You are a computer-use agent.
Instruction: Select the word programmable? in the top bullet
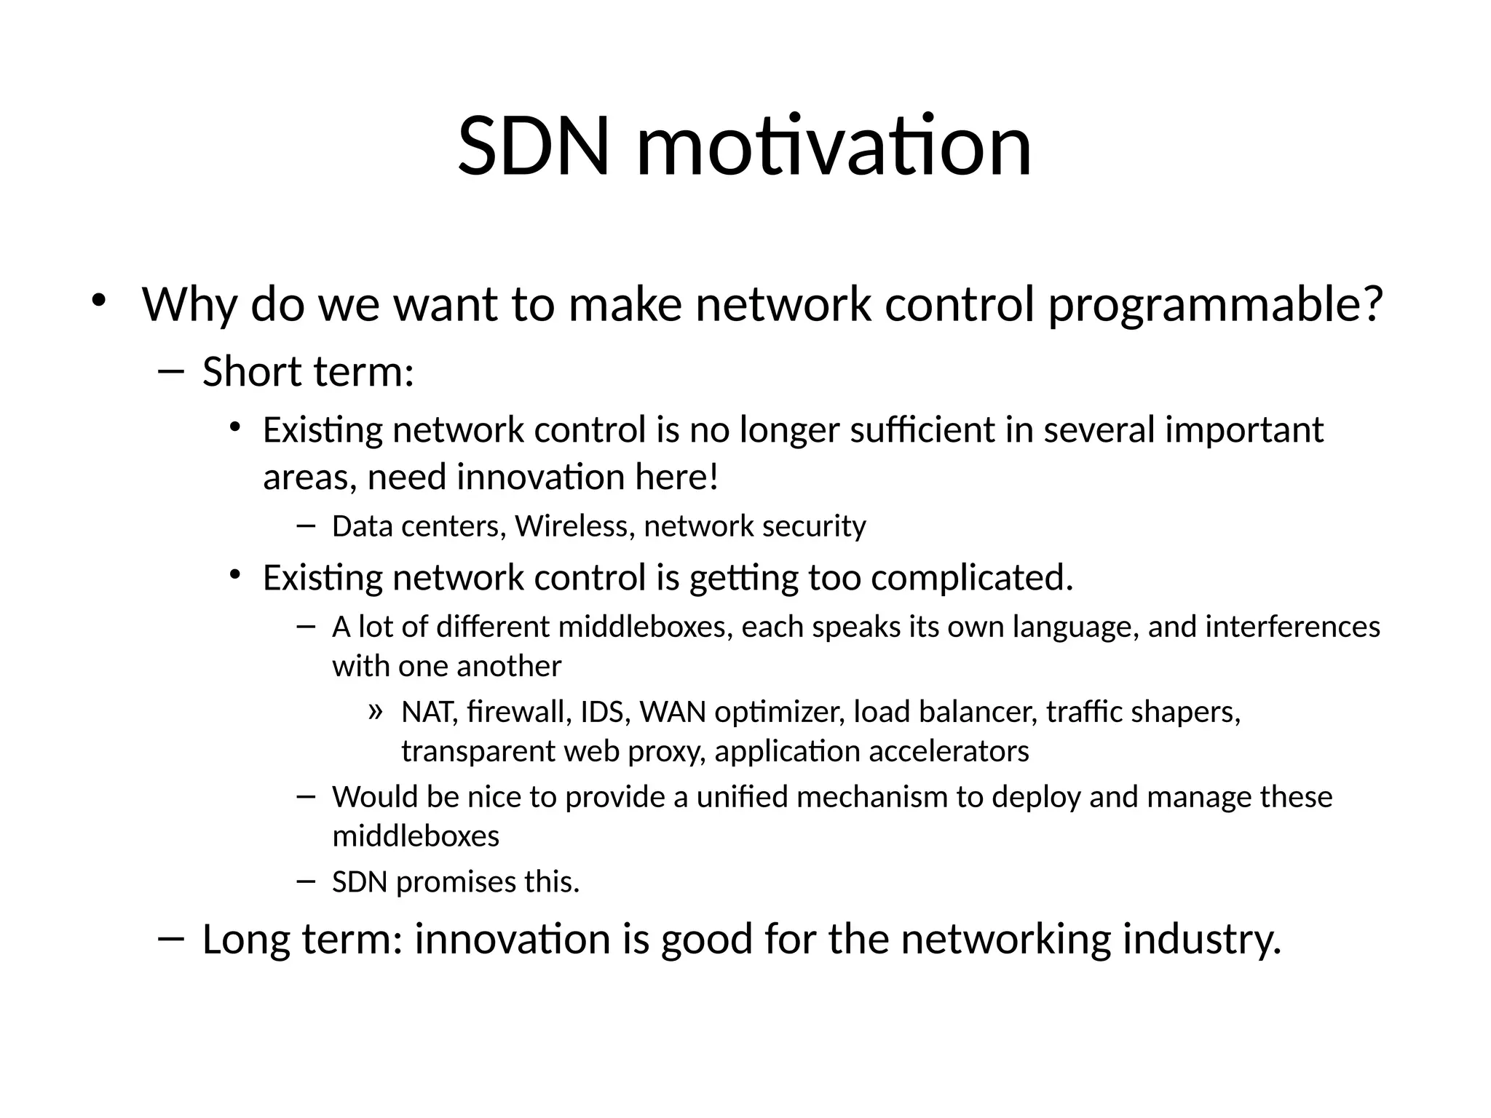1214,306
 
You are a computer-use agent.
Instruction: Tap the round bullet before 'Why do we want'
99,300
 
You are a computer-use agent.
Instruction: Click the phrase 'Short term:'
308,372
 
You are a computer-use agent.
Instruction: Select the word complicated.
972,579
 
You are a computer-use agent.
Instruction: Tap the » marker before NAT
375,710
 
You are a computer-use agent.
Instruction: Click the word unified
742,797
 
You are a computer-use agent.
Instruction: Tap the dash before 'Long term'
170,938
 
